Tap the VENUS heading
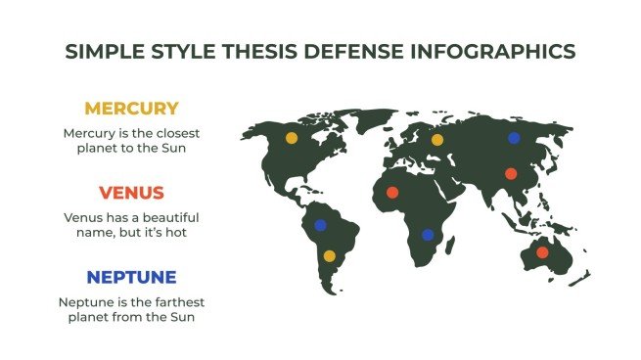[131, 192]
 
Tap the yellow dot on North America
[292, 138]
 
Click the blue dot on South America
[320, 225]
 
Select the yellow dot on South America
[330, 255]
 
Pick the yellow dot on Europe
[437, 140]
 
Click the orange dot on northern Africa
[392, 192]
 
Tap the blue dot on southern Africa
[427, 235]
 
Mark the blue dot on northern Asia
[514, 138]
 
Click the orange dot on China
[510, 174]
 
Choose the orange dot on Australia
[542, 252]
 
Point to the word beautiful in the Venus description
[167, 216]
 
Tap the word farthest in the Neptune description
[169, 300]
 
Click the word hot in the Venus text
[175, 234]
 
